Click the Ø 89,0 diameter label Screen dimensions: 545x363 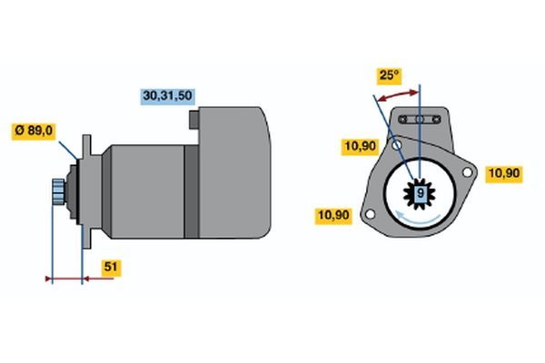click(x=34, y=131)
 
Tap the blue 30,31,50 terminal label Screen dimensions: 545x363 click(x=167, y=96)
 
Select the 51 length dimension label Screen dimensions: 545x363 click(x=111, y=267)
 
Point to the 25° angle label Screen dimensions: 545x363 click(x=390, y=75)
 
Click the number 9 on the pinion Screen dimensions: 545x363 click(x=421, y=192)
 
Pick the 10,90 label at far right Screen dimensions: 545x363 click(x=504, y=173)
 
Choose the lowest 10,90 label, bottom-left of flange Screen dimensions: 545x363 click(x=333, y=215)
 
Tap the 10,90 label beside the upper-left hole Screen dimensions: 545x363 click(x=360, y=146)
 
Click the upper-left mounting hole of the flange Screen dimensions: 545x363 click(x=397, y=145)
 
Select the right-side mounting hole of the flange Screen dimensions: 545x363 click(x=467, y=172)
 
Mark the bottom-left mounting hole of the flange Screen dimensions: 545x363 click(x=371, y=214)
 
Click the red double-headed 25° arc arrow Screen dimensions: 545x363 click(x=397, y=94)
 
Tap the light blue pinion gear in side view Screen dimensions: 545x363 click(x=58, y=191)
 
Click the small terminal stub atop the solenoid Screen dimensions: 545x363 click(x=194, y=120)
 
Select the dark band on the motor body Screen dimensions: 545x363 click(x=191, y=191)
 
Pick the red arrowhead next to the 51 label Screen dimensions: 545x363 click(x=87, y=279)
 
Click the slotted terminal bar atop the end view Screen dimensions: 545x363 click(x=419, y=120)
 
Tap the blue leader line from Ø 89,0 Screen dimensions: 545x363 click(x=68, y=151)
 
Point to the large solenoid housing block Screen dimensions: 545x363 click(x=234, y=172)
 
